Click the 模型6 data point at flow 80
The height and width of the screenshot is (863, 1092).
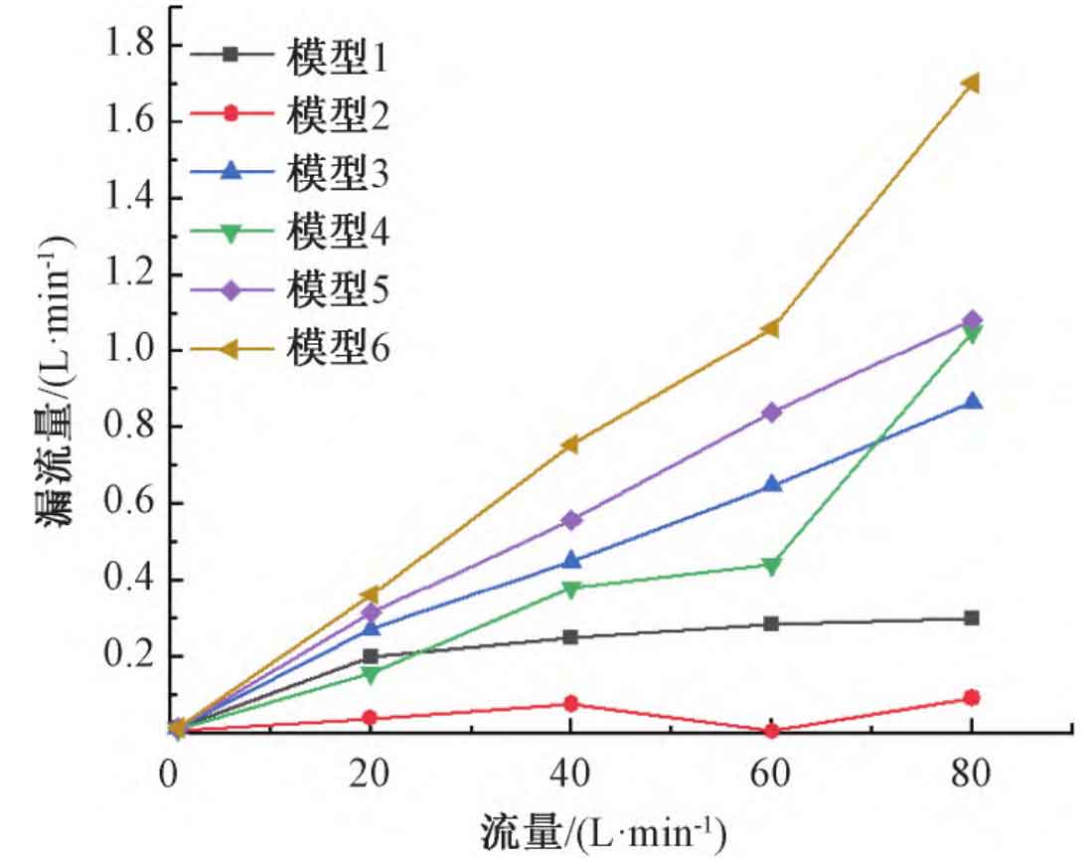coord(972,83)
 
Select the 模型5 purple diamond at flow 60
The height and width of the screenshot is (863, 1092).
coord(771,413)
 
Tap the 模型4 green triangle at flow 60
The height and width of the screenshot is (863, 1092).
coord(771,565)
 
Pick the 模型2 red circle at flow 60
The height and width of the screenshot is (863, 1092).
coord(771,731)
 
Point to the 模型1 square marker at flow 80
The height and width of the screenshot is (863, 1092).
coord(972,618)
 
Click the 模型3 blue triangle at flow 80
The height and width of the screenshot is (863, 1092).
coord(972,402)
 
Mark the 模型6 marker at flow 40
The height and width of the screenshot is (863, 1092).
coord(570,443)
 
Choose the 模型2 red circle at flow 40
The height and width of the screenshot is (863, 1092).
coord(570,704)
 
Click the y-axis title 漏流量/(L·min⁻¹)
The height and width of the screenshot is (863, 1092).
coord(59,383)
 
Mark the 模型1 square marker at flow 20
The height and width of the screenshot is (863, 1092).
coord(371,656)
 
